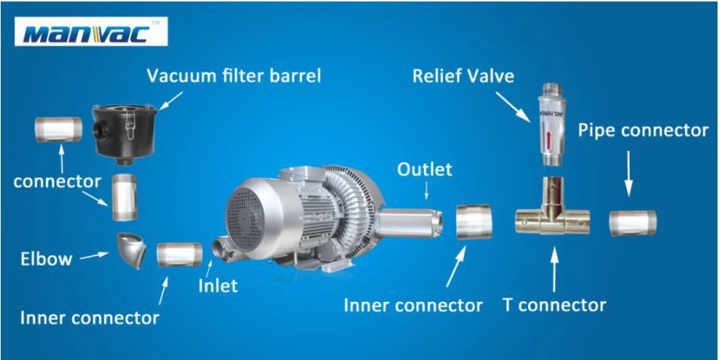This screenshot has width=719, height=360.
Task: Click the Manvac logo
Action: [91, 32]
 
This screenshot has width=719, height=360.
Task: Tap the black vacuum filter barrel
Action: [125, 134]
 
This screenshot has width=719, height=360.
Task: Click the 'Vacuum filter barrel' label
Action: [233, 76]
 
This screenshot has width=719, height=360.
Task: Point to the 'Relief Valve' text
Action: [463, 76]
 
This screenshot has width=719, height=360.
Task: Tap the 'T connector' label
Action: [555, 304]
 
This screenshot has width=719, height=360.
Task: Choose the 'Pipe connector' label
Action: [643, 131]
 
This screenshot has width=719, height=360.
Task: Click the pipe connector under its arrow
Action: [633, 223]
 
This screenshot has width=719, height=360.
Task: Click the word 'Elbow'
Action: [46, 260]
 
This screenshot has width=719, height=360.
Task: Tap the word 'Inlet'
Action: [218, 286]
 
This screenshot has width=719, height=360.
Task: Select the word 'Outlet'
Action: [424, 170]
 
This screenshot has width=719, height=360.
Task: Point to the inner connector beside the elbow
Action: [180, 254]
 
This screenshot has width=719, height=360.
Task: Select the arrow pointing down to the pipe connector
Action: [628, 174]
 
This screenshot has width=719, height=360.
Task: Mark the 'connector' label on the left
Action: [57, 182]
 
